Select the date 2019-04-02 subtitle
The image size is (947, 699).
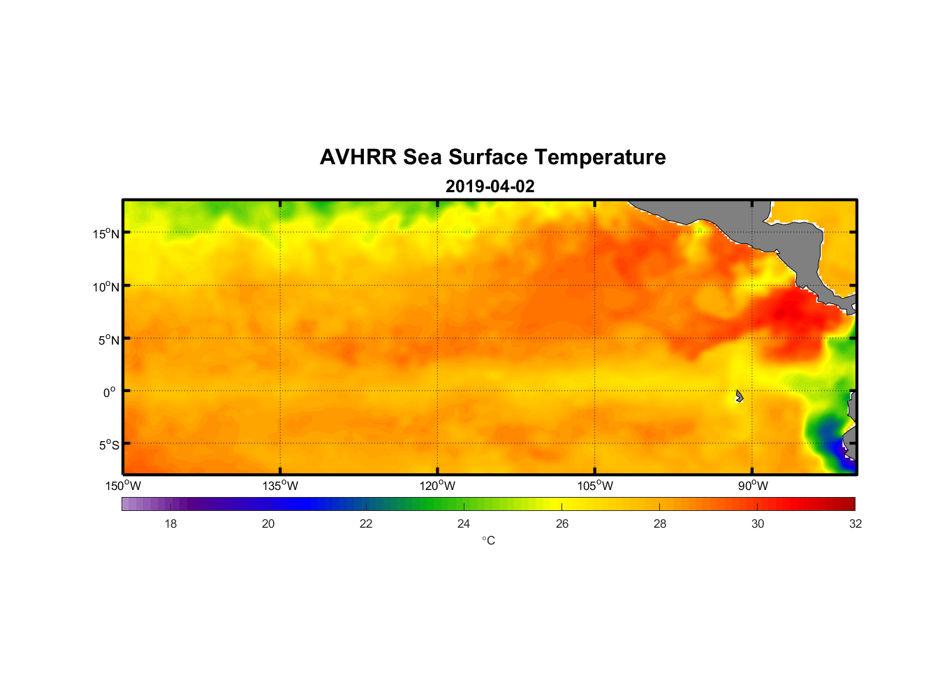(x=490, y=187)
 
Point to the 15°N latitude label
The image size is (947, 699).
(x=106, y=233)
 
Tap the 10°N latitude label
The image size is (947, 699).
(x=106, y=287)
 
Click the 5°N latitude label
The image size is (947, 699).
(x=108, y=340)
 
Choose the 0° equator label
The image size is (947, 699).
(x=110, y=392)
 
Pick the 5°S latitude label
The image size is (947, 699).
(x=108, y=445)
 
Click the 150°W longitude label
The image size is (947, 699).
(x=124, y=486)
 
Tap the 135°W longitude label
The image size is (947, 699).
(x=281, y=486)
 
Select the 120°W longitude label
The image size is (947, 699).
(x=438, y=486)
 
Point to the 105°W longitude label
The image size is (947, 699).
(x=595, y=486)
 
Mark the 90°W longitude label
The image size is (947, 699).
(x=753, y=486)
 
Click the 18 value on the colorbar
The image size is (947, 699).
(x=170, y=524)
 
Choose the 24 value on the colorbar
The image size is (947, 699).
(x=464, y=524)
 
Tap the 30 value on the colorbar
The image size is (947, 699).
(x=758, y=524)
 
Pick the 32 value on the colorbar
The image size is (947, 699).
(x=856, y=524)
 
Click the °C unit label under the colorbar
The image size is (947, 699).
(x=488, y=540)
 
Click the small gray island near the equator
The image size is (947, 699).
(x=739, y=396)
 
